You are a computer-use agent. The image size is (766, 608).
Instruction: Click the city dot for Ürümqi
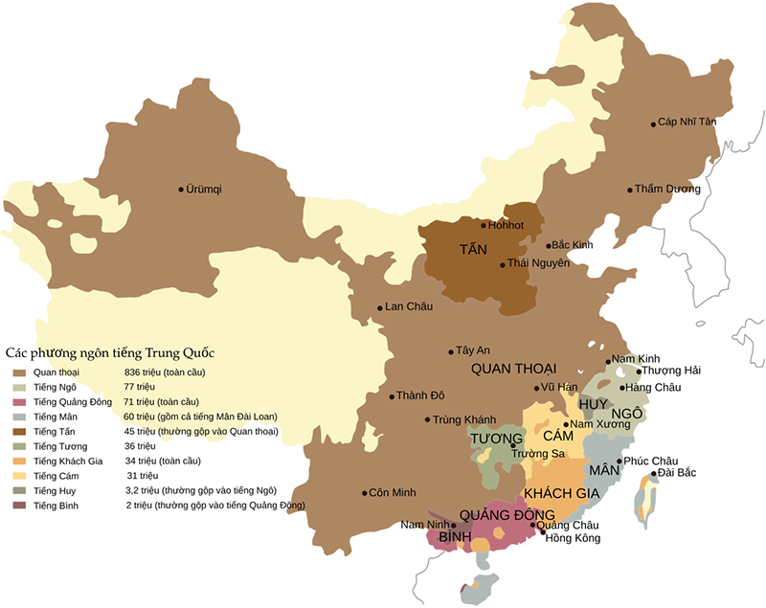[x=181, y=190]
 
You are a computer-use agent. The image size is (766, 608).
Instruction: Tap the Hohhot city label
[x=507, y=226]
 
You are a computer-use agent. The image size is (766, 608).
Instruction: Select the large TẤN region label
[x=473, y=250]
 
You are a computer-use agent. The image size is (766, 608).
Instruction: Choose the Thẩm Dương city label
[x=668, y=190]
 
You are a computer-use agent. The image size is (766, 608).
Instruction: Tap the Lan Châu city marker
[x=379, y=307]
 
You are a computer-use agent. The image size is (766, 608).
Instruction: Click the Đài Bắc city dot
[x=654, y=473]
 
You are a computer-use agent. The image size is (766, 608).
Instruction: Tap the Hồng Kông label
[x=573, y=538]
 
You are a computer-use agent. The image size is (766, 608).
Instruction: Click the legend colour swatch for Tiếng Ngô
[x=20, y=387]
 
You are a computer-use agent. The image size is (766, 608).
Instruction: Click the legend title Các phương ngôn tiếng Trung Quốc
[x=110, y=351]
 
